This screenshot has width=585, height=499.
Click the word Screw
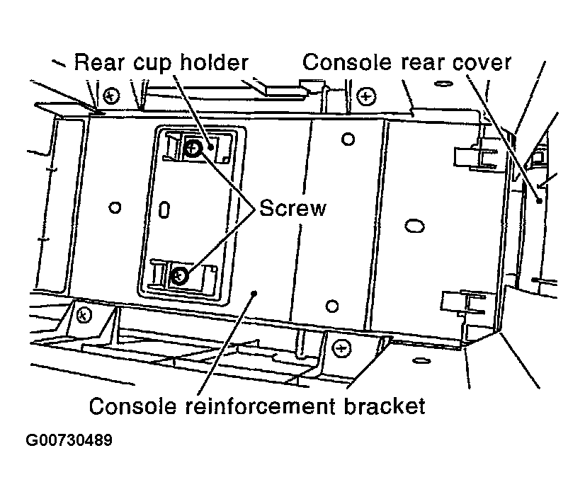point(292,208)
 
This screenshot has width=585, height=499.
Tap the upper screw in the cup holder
point(193,149)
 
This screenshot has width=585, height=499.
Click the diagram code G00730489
point(69,440)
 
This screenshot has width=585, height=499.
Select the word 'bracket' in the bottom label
point(382,406)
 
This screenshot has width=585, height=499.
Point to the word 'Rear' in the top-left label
point(99,62)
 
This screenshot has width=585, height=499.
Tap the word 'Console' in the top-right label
point(347,62)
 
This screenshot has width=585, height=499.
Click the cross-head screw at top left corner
point(110,94)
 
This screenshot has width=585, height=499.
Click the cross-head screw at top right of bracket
point(365,94)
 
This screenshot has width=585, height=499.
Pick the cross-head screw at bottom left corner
point(84,313)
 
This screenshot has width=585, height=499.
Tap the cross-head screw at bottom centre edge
point(341,347)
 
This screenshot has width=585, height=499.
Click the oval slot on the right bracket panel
point(413,225)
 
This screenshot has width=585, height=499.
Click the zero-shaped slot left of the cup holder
point(164,209)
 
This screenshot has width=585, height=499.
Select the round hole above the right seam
point(347,139)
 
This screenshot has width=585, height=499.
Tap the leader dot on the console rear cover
point(539,201)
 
